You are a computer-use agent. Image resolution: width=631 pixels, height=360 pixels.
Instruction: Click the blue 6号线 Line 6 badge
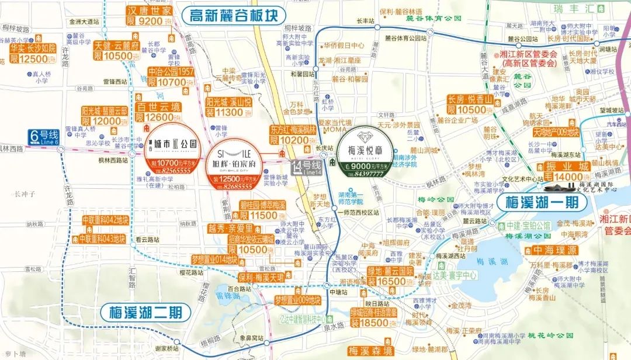pos(44,137)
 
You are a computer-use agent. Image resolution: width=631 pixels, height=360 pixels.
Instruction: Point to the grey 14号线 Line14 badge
pos(307,167)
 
